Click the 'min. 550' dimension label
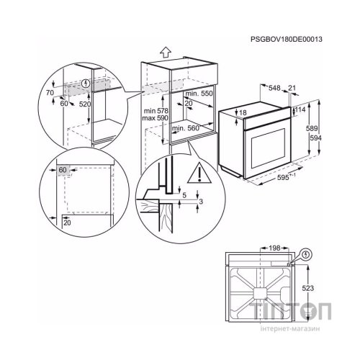[197, 94]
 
